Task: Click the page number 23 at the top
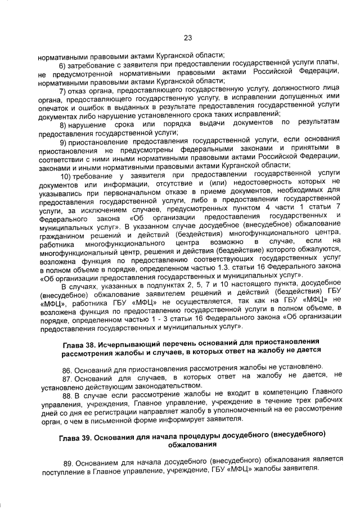click(x=187, y=38)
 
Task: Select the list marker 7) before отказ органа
click(x=64, y=89)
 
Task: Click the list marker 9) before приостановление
click(x=64, y=139)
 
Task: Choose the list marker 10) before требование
click(x=66, y=174)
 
